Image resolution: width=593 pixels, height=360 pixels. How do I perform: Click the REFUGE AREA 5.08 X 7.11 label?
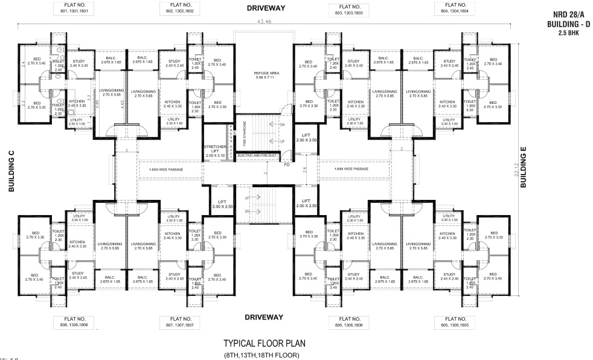(x=264, y=75)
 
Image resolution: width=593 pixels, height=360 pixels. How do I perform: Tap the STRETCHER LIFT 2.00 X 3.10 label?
(x=215, y=151)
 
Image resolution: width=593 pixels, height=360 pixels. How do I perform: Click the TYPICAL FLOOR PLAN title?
(x=264, y=343)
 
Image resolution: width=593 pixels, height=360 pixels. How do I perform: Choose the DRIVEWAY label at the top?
(x=266, y=8)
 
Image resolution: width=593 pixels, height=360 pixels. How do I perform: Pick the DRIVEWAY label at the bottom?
(x=264, y=317)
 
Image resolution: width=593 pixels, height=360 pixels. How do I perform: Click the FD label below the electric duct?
(x=287, y=164)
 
